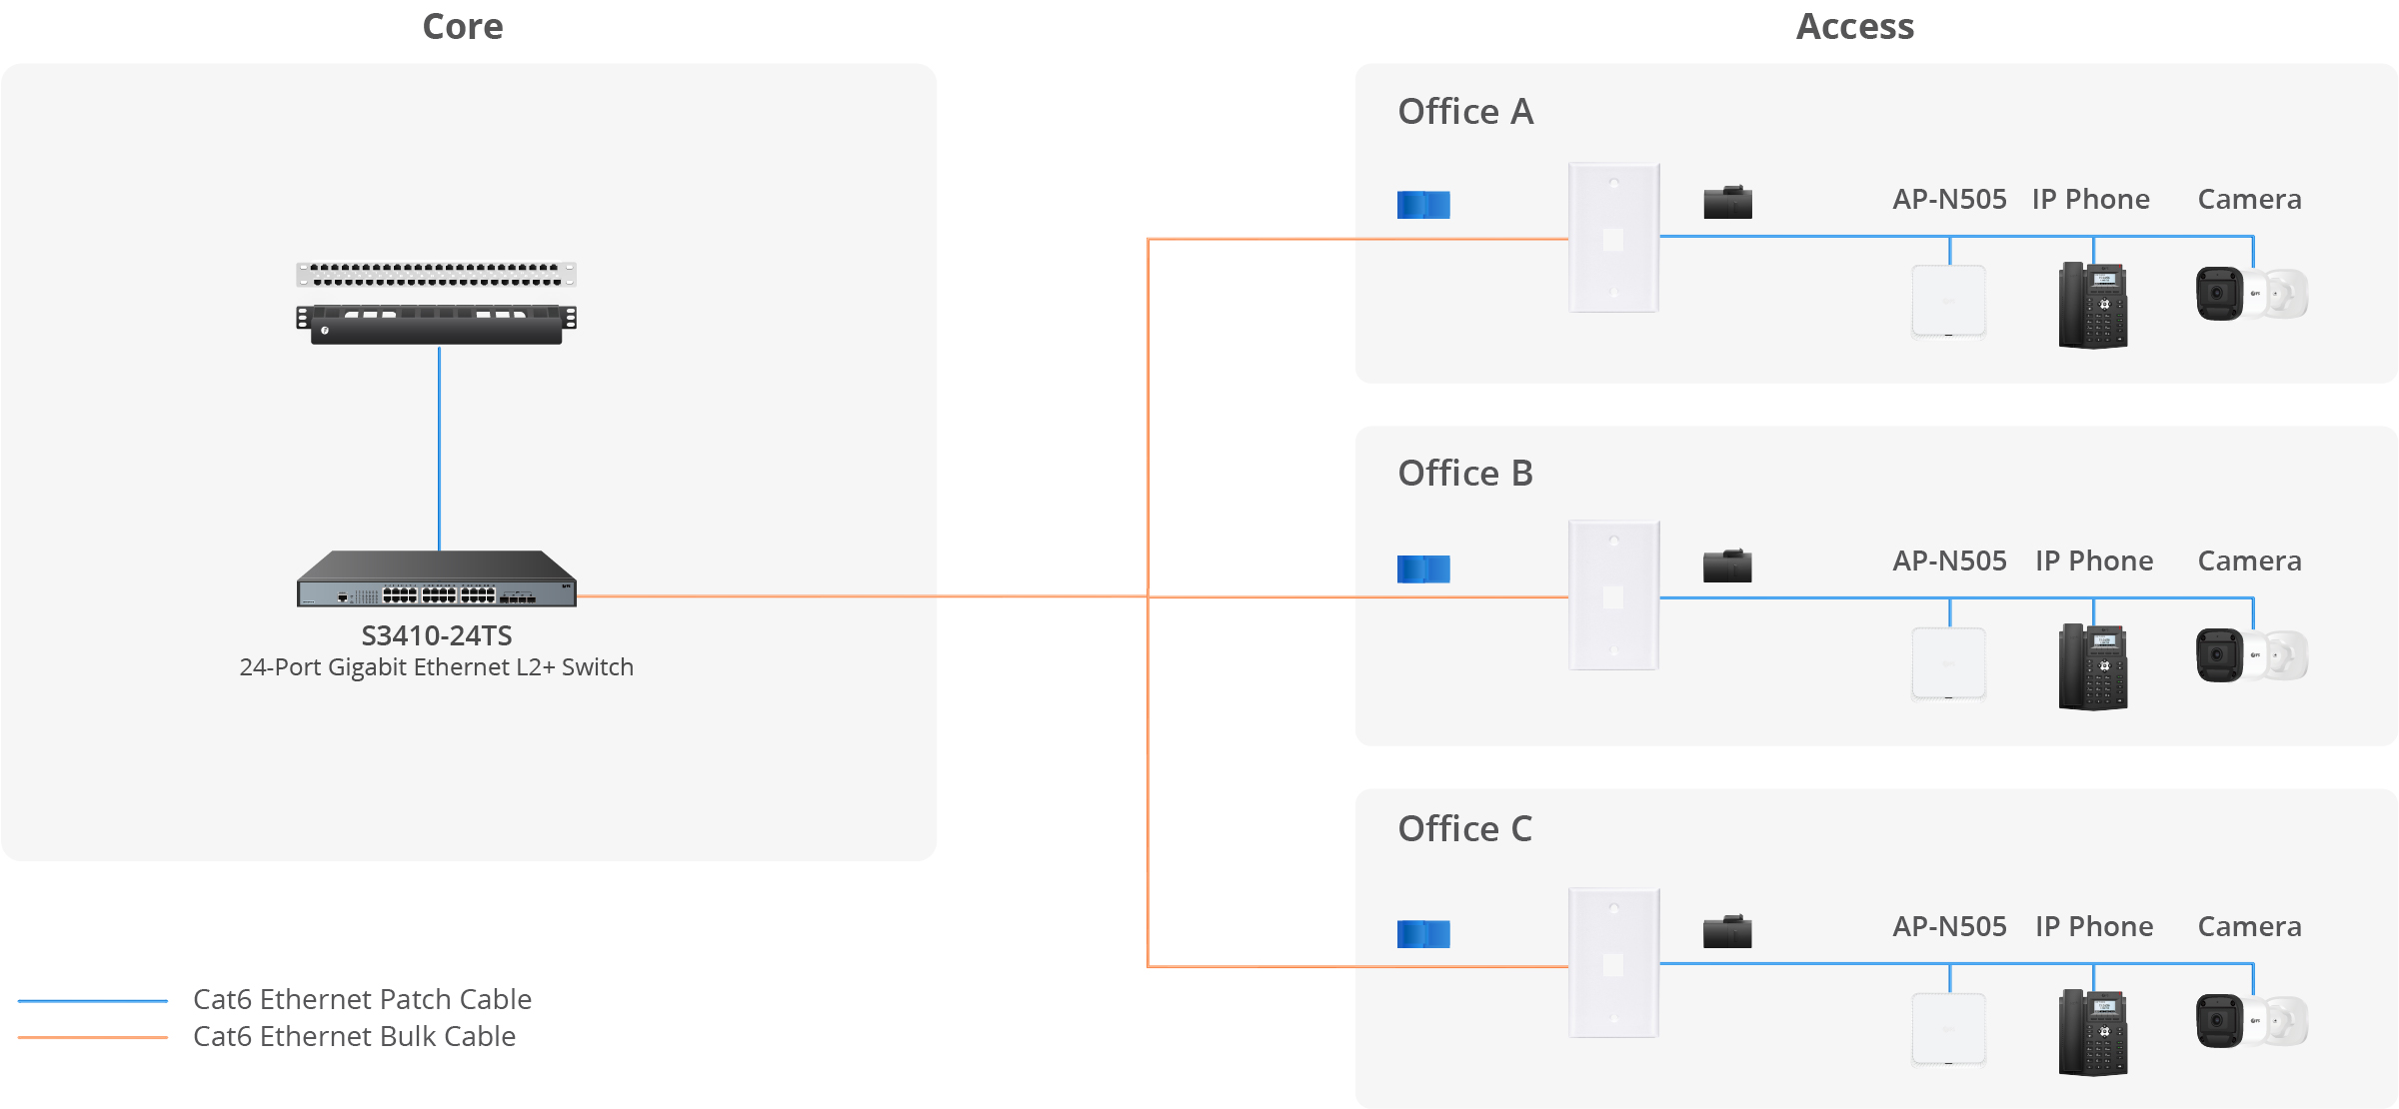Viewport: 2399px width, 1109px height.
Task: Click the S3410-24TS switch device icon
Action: tap(437, 578)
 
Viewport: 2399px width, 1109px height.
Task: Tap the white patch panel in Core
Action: tap(437, 275)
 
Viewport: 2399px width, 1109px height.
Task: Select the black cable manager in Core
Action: tap(437, 324)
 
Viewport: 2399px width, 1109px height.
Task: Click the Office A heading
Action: tap(1465, 112)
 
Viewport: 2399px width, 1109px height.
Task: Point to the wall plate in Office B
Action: tap(1614, 595)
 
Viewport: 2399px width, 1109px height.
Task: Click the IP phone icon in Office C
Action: tap(2093, 1032)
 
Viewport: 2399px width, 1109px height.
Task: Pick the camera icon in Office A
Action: tap(2251, 294)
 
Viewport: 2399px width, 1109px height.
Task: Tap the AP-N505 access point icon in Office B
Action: tap(1949, 663)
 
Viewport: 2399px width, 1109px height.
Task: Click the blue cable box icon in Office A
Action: tap(1423, 205)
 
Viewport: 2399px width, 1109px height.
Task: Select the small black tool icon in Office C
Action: tap(1727, 931)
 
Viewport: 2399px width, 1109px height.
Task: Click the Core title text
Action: tap(463, 27)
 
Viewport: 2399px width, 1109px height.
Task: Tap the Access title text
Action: tap(1855, 27)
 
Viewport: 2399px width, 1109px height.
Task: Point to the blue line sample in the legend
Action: tap(93, 1000)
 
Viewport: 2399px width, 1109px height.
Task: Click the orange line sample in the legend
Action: tap(93, 1037)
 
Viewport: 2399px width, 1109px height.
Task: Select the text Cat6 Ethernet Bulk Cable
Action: tap(355, 1037)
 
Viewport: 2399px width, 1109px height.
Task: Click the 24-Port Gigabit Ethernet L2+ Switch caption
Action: tap(437, 667)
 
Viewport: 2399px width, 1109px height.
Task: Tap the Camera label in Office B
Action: tap(2250, 561)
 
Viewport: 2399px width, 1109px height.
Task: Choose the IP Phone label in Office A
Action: tap(2091, 200)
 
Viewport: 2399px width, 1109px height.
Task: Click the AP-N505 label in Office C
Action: tap(1950, 927)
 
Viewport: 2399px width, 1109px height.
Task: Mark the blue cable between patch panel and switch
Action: tap(439, 448)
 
